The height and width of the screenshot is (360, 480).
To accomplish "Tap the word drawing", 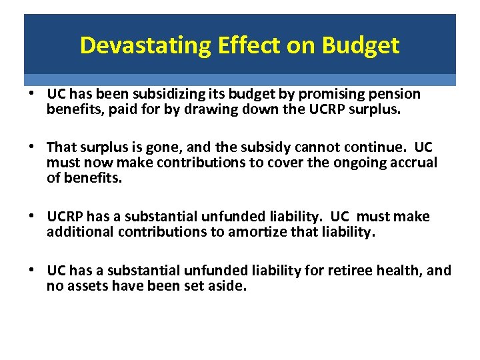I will [191, 109].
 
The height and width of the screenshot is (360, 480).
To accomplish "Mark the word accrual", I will [413, 163].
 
